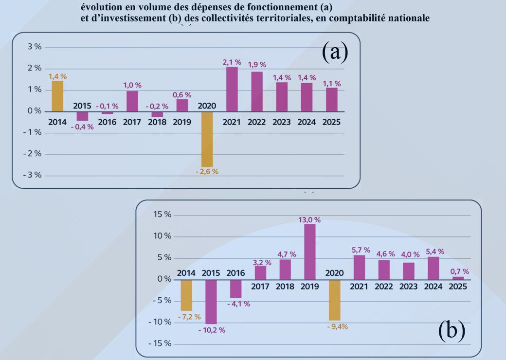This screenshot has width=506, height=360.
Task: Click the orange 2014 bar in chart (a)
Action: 57,96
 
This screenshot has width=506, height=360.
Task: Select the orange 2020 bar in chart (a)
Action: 207,139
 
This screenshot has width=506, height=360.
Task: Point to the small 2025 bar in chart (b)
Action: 458,278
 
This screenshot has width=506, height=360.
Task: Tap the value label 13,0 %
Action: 310,220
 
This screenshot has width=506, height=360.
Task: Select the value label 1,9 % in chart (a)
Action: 257,65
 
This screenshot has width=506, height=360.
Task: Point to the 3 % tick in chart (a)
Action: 34,47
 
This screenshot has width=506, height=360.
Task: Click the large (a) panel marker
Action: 335,52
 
